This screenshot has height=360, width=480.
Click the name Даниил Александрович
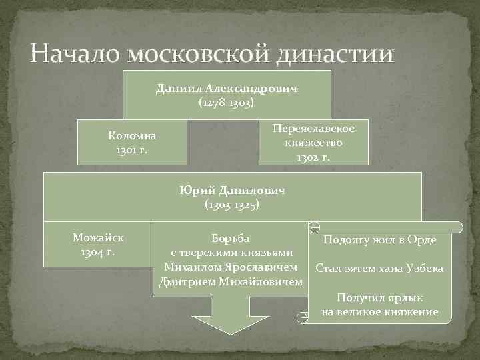point(226,88)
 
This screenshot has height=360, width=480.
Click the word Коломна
point(132,135)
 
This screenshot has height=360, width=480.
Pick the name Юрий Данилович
point(232,190)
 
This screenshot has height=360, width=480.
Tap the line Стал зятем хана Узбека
point(379,269)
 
